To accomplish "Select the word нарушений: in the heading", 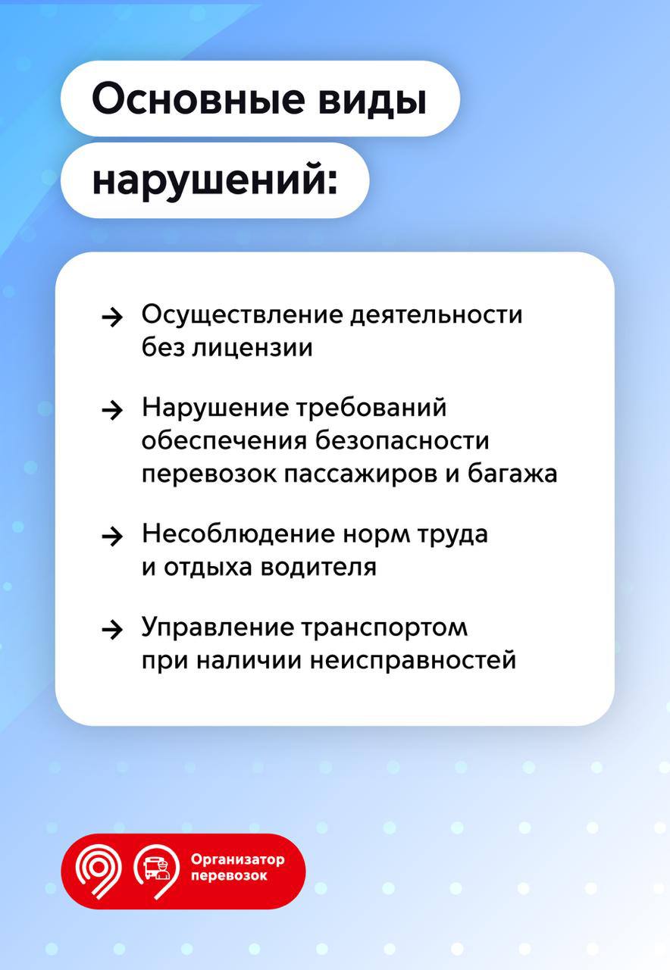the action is (214, 180).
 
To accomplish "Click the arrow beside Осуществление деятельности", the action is (111, 317).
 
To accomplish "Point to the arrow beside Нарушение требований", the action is (111, 410).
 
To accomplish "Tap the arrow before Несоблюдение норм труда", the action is (111, 537).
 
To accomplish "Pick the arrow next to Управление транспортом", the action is (111, 630).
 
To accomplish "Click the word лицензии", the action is (252, 348).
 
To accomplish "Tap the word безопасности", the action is (402, 441).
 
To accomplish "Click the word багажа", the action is (512, 474).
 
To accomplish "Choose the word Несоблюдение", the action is (238, 534).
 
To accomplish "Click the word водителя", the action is (319, 568).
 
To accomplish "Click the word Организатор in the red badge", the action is (238, 859).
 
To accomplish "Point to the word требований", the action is (371, 407).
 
